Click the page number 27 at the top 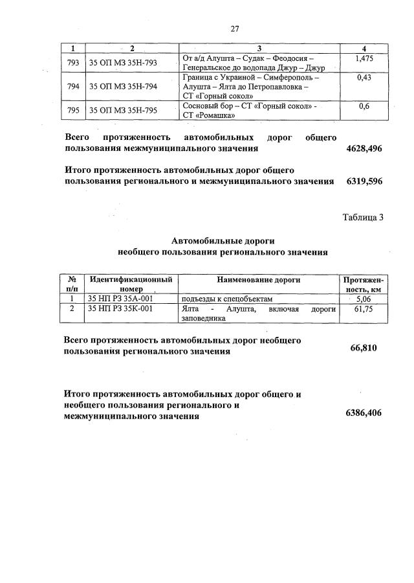point(235,29)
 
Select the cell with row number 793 point(73,62)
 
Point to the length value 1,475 point(364,59)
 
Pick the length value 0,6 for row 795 point(364,106)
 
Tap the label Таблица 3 point(362,217)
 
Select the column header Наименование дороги point(259,279)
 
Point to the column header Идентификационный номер point(131,284)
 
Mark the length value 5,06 point(363,299)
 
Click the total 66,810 point(364,348)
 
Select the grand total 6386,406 point(364,413)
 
